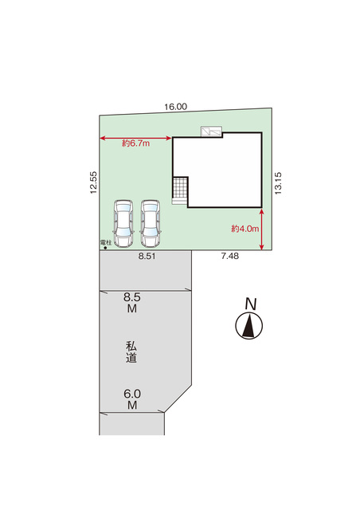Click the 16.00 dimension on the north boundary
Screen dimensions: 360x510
click(x=175, y=107)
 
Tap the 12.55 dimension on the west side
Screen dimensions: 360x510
click(x=94, y=182)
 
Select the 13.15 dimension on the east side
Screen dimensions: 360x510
click(x=278, y=183)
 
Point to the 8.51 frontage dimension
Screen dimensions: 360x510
click(x=147, y=256)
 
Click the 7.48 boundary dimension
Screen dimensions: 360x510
click(x=230, y=256)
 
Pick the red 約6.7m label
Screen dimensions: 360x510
click(x=136, y=143)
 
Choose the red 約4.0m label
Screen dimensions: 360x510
click(x=245, y=229)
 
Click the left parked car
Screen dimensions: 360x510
click(x=123, y=223)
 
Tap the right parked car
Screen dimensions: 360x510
click(x=151, y=223)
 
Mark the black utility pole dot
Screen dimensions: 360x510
click(x=105, y=248)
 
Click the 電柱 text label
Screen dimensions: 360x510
click(x=106, y=242)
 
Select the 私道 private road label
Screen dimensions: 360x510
click(x=131, y=351)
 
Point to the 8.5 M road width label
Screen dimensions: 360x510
click(x=132, y=303)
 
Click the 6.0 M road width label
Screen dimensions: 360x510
click(x=132, y=399)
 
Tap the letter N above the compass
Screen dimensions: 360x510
click(x=251, y=304)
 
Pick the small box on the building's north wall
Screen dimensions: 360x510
click(x=211, y=131)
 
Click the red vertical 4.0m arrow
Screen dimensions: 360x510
click(x=262, y=229)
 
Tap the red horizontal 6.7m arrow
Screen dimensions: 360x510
click(x=135, y=139)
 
